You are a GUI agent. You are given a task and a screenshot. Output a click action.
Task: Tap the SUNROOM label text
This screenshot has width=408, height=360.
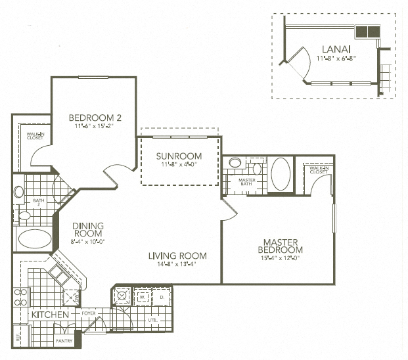pyautogui.click(x=179, y=156)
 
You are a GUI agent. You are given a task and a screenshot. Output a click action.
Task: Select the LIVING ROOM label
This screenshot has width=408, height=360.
pyautogui.click(x=177, y=256)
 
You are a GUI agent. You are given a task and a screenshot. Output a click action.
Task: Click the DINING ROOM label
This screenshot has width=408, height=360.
pyautogui.click(x=87, y=229)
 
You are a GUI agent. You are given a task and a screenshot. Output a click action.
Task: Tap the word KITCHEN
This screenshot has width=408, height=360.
pyautogui.click(x=50, y=315)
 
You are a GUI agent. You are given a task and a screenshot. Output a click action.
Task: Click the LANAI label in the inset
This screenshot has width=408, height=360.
pyautogui.click(x=335, y=49)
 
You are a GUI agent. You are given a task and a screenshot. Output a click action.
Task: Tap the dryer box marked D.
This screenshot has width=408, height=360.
pyautogui.click(x=162, y=296)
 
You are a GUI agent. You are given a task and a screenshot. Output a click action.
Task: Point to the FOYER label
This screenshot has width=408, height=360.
pyautogui.click(x=89, y=315)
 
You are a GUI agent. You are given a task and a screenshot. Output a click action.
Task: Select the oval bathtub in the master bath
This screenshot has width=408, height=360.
pyautogui.click(x=280, y=174)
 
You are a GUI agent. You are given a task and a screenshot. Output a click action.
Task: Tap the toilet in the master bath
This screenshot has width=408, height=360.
pyautogui.click(x=257, y=169)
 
